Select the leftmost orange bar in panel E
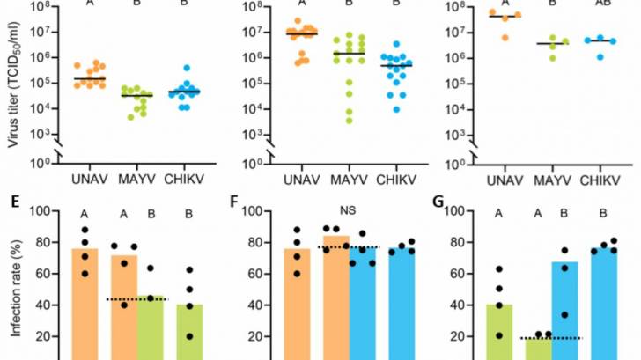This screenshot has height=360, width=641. [x=85, y=299]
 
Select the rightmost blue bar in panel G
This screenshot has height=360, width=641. [x=604, y=299]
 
